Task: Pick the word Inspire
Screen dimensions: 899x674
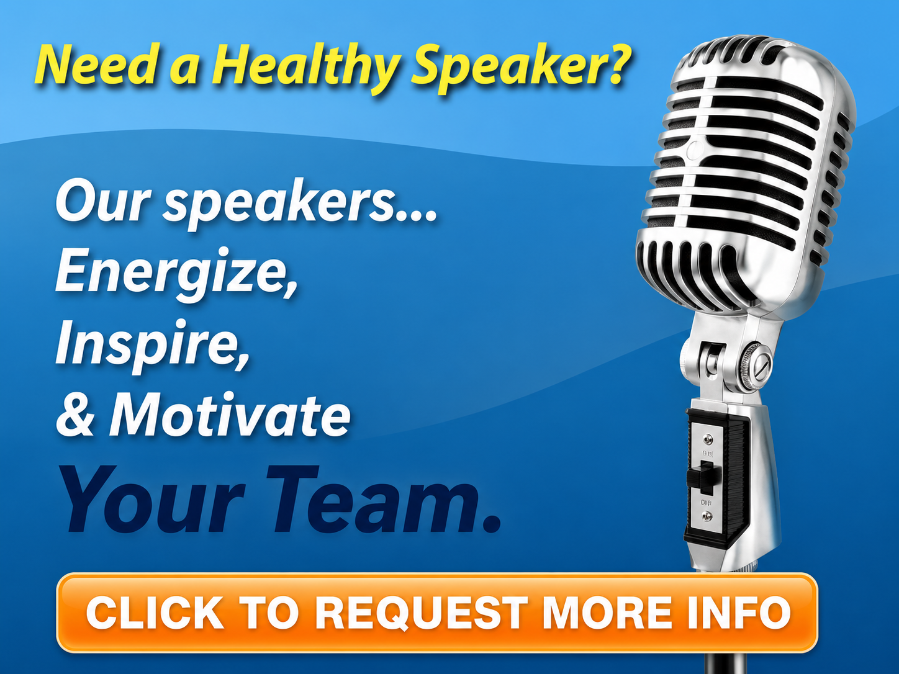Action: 152,346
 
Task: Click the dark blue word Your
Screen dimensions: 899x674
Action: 151,500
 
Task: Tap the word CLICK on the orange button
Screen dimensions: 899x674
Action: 155,613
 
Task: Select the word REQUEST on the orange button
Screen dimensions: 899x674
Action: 422,613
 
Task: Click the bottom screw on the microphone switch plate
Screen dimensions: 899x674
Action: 707,516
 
